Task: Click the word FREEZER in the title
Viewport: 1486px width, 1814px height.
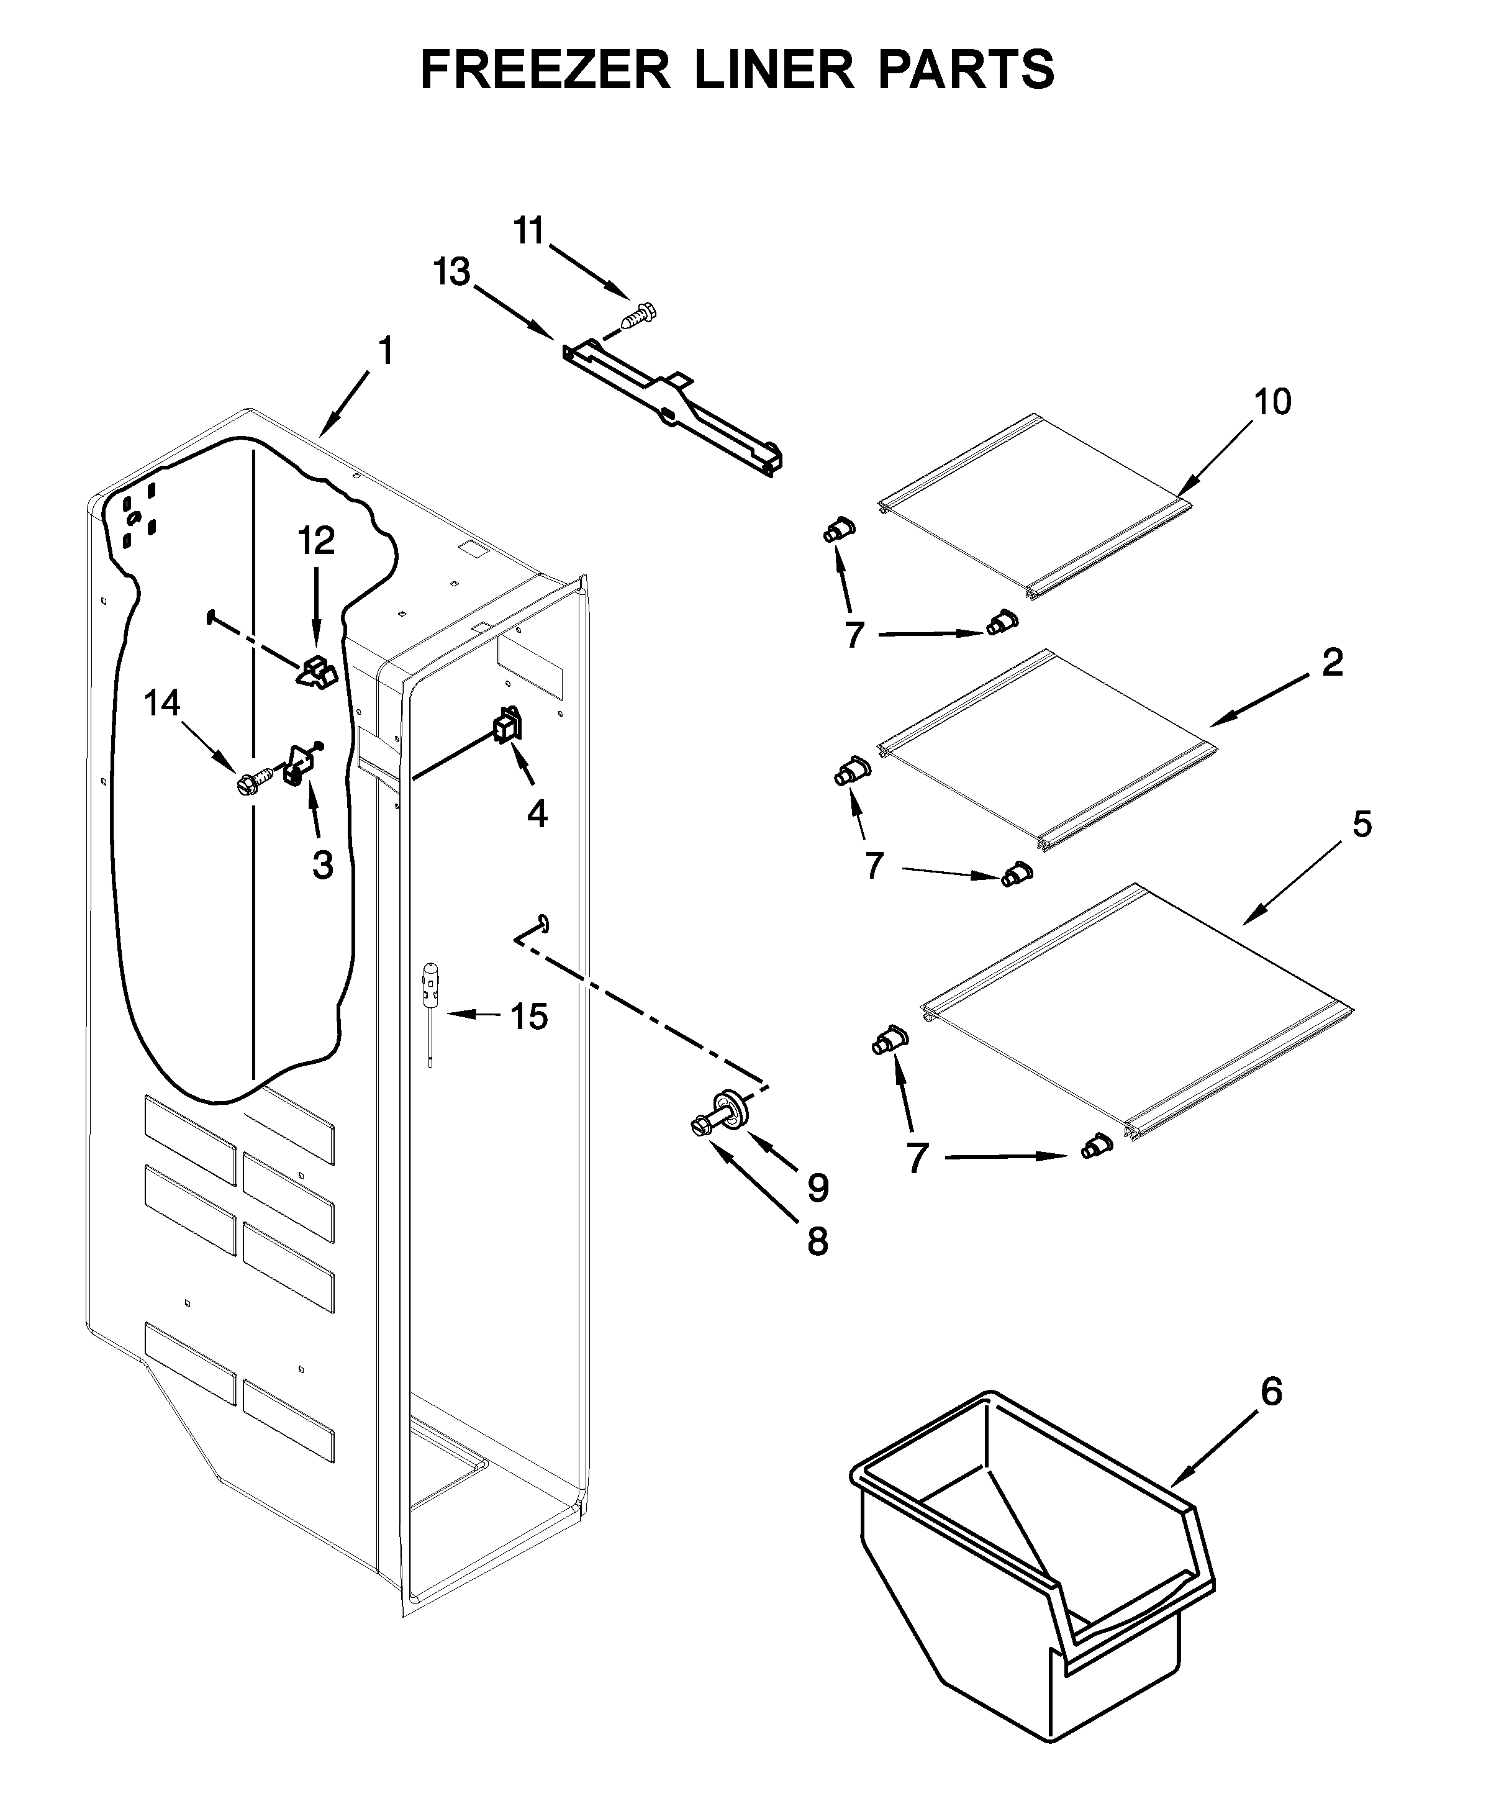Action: [545, 70]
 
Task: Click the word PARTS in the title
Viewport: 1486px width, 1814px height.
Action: [966, 70]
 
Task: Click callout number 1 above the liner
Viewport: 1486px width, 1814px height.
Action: [386, 351]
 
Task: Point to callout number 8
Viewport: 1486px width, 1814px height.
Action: [817, 1240]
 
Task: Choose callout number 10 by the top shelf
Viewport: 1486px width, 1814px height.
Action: [1272, 402]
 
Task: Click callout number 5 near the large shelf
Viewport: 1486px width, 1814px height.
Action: [1361, 823]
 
